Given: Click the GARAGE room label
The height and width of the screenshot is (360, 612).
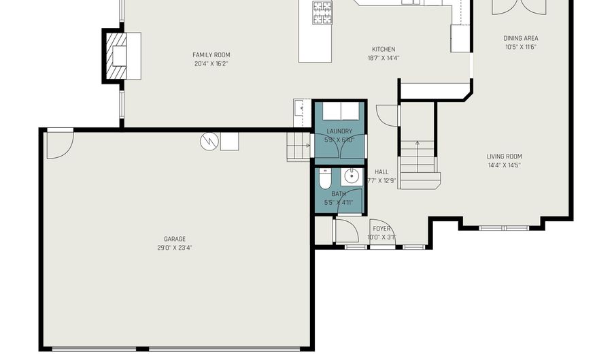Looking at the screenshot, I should tap(175, 239).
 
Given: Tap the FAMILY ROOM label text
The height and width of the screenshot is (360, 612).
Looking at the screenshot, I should tap(211, 54).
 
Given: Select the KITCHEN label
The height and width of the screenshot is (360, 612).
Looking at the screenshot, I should tap(384, 49).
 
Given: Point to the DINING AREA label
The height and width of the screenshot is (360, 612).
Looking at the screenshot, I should tap(521, 39).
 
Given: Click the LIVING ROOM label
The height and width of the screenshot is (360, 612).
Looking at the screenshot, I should tap(504, 157).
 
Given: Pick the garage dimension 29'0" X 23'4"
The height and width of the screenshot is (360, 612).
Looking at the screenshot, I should tap(175, 248).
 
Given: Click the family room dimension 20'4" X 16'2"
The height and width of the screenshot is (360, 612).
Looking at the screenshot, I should tap(211, 63).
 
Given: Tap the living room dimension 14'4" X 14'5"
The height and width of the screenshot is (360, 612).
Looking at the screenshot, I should tap(504, 165).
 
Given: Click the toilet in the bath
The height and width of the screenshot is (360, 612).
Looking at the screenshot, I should tap(324, 180).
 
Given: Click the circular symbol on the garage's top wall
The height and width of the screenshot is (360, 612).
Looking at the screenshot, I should tap(209, 141).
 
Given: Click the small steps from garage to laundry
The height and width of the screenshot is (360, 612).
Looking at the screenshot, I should tap(298, 147).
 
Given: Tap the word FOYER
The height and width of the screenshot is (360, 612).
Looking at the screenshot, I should tap(381, 229).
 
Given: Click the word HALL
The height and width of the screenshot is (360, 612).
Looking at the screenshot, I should tap(381, 172).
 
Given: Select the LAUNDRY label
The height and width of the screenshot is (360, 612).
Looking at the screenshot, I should tap(339, 131).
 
